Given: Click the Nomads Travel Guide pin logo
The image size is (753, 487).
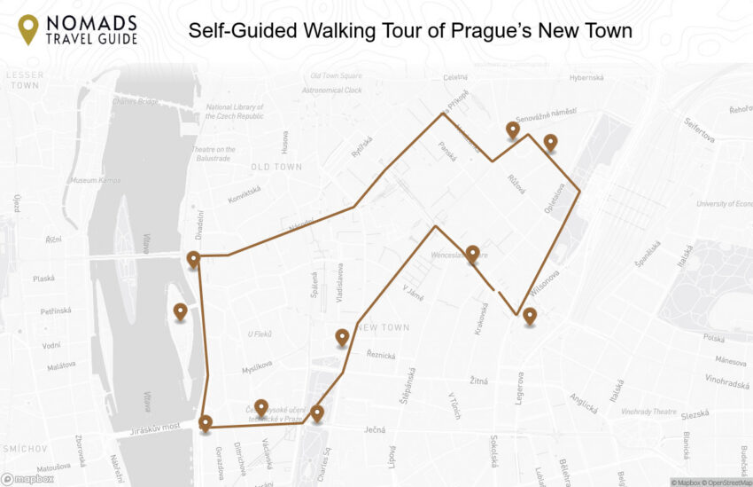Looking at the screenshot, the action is pyautogui.click(x=28, y=29).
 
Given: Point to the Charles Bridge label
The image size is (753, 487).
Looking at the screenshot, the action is pyautogui.click(x=136, y=100).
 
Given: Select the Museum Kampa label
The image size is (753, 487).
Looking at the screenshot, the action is pyautogui.click(x=95, y=180).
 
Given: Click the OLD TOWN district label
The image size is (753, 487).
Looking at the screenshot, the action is pyautogui.click(x=276, y=167).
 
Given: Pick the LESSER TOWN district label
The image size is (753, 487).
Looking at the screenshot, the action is pyautogui.click(x=24, y=81).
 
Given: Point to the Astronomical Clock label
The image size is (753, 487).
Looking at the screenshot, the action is pyautogui.click(x=332, y=90).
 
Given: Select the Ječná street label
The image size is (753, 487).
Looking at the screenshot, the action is pyautogui.click(x=375, y=430).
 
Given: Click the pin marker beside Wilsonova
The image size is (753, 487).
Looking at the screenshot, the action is pyautogui.click(x=530, y=316).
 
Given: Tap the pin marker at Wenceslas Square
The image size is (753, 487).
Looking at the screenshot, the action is pyautogui.click(x=472, y=255).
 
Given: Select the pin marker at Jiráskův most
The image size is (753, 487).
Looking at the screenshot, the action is pyautogui.click(x=206, y=423).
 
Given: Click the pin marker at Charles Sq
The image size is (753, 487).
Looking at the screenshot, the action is pyautogui.click(x=316, y=412).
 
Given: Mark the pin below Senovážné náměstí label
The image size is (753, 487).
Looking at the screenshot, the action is pyautogui.click(x=512, y=130).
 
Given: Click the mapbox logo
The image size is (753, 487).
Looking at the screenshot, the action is pyautogui.click(x=27, y=479).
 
